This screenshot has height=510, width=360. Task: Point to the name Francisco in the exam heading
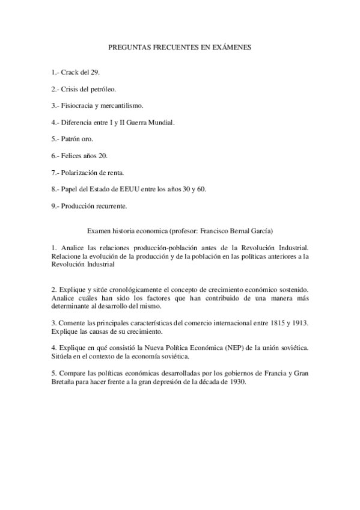coord(197,230)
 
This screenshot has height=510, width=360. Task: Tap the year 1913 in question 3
coord(298,323)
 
